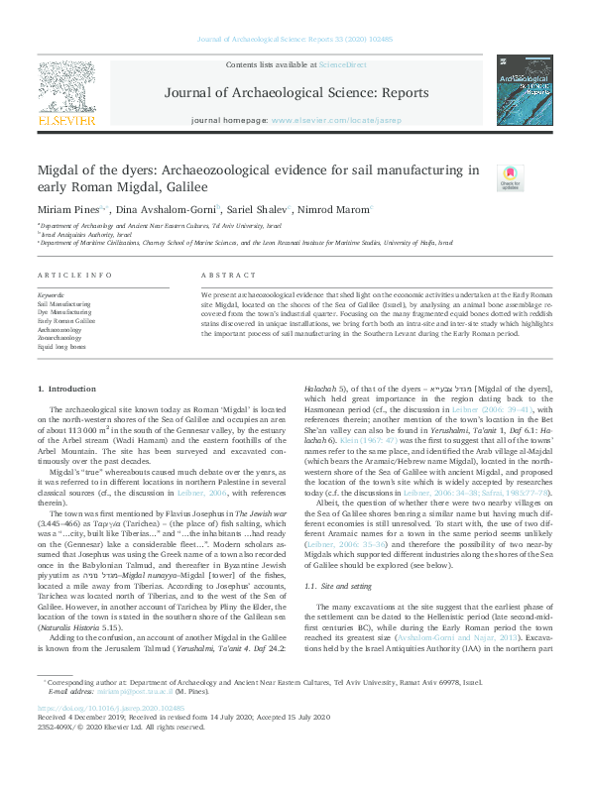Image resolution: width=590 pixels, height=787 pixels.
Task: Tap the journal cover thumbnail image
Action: click(x=525, y=89)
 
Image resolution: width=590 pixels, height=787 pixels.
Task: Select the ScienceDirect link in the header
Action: click(x=342, y=64)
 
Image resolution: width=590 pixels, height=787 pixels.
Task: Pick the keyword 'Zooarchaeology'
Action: click(x=61, y=338)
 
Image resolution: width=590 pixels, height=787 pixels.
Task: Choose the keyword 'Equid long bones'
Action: click(x=62, y=347)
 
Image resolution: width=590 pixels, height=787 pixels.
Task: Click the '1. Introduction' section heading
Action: click(x=66, y=391)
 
